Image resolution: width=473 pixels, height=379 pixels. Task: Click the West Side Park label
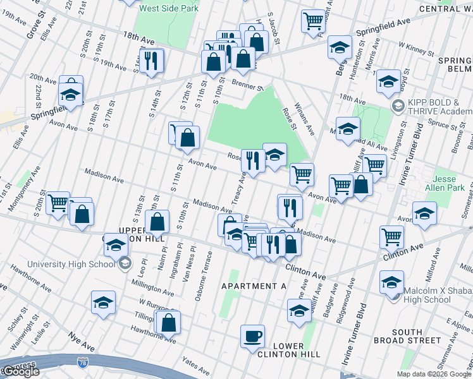point(164,8)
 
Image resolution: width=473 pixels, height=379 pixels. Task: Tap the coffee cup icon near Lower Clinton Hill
point(253,335)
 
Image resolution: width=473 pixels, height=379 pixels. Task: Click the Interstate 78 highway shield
point(82,362)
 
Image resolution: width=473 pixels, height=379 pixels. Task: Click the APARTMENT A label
point(254,286)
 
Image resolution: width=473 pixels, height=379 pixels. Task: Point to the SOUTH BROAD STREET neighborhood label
point(415,336)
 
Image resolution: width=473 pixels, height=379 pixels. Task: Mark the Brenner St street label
point(247,85)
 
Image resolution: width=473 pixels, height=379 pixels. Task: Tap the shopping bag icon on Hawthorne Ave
point(169,322)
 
